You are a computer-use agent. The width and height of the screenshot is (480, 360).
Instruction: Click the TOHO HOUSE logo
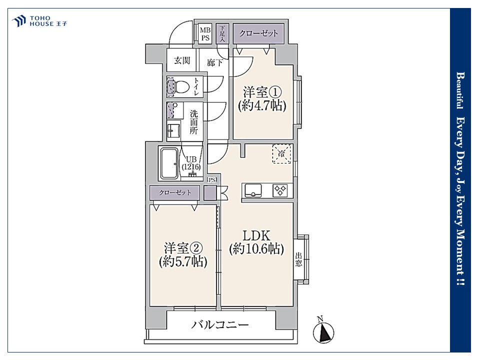pos(39,21)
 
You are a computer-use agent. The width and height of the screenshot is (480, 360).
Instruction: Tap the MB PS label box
pos(205,33)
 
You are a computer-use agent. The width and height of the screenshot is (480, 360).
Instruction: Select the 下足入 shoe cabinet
pos(222,33)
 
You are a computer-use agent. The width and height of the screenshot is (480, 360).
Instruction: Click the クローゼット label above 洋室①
pos(258,33)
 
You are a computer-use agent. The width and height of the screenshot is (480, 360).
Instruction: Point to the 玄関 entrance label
pos(182,60)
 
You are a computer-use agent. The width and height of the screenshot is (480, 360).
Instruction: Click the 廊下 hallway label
pos(214,63)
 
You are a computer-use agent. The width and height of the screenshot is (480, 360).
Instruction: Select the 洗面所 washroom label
pos(193,122)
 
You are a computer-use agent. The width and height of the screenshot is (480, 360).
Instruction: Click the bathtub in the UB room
pos(169,163)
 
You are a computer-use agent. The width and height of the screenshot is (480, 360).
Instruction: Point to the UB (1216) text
pos(191,163)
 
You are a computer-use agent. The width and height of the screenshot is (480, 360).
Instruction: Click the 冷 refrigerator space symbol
pos(281,153)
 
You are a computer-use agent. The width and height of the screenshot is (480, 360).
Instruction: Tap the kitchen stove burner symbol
pos(280,190)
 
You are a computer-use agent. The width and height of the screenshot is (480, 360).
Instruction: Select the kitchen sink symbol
pos(253,190)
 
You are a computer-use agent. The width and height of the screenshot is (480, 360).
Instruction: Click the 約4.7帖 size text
pos(262,105)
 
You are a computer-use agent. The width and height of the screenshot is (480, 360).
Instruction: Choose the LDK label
pos(256,235)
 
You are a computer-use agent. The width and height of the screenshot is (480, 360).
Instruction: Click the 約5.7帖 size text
pos(183,261)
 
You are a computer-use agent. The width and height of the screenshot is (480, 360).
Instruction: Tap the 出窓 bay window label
pos(298,259)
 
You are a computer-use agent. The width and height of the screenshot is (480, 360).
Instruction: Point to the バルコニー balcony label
pos(220,324)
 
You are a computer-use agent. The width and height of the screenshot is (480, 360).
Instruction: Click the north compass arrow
pos(323,333)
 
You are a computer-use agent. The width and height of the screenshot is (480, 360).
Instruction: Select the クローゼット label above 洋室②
pos(175,192)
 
